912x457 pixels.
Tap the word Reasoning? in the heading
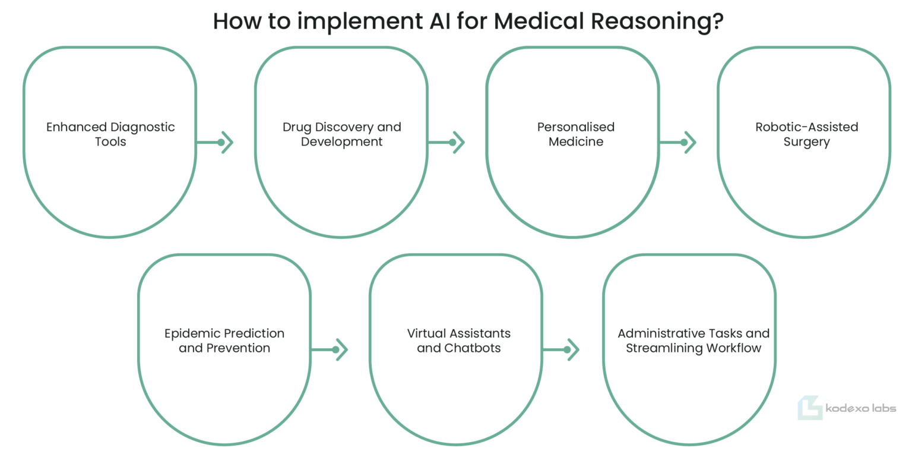coord(657,21)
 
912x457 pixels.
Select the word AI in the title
coord(440,21)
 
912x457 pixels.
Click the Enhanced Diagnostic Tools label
coord(110,134)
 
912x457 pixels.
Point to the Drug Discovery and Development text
coord(341,134)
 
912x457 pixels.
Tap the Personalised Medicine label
coord(576,134)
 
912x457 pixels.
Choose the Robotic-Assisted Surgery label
coord(806,134)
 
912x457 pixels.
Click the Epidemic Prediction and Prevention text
coord(224,341)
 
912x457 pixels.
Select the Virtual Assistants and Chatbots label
coord(459,341)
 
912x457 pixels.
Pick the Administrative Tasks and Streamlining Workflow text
coord(693,341)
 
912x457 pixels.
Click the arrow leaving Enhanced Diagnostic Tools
coord(214,142)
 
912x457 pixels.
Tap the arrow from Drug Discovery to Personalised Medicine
coord(446,142)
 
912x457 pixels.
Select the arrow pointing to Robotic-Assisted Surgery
coord(678,142)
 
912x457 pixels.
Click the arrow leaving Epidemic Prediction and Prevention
coord(330,349)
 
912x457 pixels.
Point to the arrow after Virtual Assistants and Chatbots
coord(561,349)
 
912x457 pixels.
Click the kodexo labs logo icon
coord(809,407)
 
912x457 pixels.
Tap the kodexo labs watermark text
coord(861,408)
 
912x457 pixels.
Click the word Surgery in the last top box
coord(806,142)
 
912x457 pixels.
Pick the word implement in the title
coord(360,22)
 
